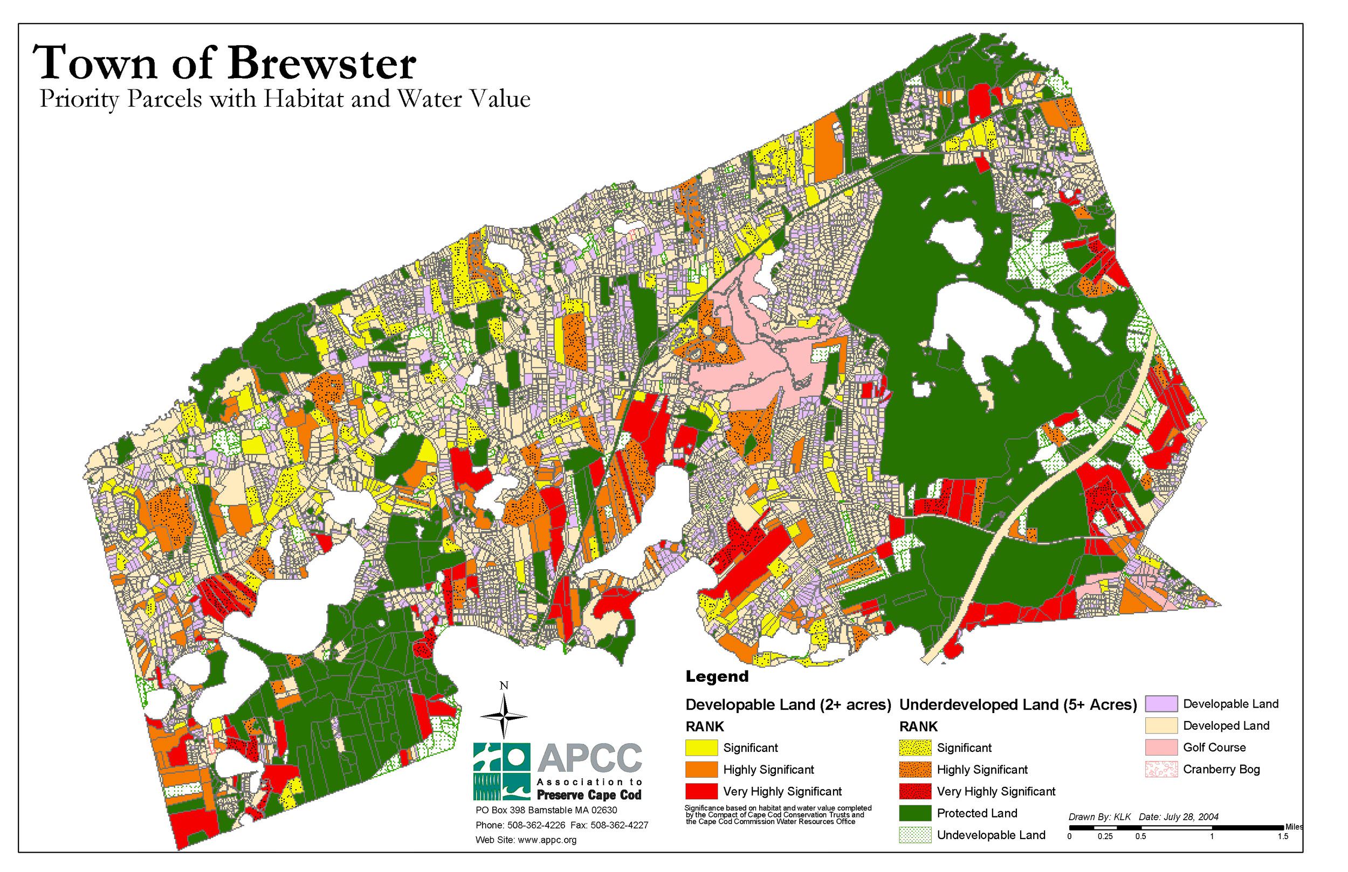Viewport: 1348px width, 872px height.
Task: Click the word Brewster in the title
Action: tap(322, 64)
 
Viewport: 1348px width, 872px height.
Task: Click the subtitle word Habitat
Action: tap(305, 99)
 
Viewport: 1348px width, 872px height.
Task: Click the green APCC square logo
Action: tap(502, 771)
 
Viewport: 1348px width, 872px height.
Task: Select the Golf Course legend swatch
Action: tap(1160, 748)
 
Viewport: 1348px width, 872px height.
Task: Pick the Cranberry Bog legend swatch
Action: tap(1160, 770)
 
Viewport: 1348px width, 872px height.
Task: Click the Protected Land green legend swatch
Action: tap(914, 813)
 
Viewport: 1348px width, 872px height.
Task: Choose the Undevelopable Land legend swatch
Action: tap(914, 835)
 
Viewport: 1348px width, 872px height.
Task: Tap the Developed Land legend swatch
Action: tap(1160, 726)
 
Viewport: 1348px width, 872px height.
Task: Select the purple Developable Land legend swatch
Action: tap(1160, 704)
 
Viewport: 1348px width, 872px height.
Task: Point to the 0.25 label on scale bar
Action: tap(1104, 836)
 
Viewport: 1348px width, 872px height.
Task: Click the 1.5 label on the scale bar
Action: tap(1282, 836)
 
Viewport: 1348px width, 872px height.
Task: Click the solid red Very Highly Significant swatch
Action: tap(701, 791)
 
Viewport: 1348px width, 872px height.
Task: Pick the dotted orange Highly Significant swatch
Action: tap(914, 770)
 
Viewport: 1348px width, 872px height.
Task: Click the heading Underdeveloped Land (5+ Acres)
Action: tap(1018, 704)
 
